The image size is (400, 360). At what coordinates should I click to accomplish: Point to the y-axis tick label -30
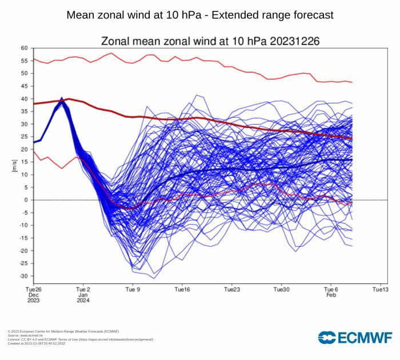[23, 276]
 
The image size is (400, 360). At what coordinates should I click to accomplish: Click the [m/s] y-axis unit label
[14, 166]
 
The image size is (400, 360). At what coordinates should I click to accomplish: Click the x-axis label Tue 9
[133, 290]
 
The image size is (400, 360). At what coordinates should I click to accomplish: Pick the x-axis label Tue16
[182, 290]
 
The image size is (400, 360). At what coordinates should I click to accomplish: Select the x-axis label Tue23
[232, 290]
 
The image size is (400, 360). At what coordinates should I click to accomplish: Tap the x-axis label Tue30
[282, 290]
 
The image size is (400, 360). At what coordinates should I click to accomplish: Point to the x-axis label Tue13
[381, 290]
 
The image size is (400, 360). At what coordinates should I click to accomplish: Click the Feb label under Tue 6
[331, 295]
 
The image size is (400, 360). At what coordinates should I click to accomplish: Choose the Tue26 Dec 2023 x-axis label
[33, 295]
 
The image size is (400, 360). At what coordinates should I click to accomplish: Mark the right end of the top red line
[352, 82]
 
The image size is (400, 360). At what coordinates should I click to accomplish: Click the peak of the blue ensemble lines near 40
[62, 99]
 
